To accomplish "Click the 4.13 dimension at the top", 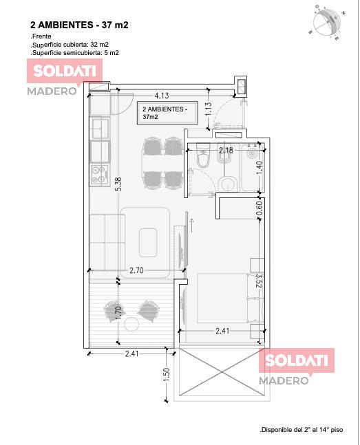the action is tap(162, 96).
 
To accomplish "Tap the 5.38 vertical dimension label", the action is tap(119, 184).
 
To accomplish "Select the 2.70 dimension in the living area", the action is tap(136, 270).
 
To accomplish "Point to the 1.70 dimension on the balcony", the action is tap(119, 312).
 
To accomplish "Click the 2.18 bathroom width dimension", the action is tap(226, 150).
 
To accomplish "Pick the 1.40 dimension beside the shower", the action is tap(259, 168).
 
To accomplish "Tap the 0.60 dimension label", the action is tap(259, 208).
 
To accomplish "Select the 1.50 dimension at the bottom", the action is tap(167, 375).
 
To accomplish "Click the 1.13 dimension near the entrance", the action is tap(209, 109).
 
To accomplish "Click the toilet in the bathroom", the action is tap(203, 155).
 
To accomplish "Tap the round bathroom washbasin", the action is tap(228, 184).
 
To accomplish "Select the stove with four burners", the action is tap(99, 175).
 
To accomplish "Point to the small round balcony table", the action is tap(132, 324).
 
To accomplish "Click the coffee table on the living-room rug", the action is tap(148, 242).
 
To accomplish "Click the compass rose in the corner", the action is tap(327, 22).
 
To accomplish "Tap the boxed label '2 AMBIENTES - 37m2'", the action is tap(167, 113).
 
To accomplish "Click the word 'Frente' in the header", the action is tap(41, 36).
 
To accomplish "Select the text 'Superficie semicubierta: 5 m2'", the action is tap(75, 53).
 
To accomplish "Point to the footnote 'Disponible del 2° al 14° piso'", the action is tap(301, 430).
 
